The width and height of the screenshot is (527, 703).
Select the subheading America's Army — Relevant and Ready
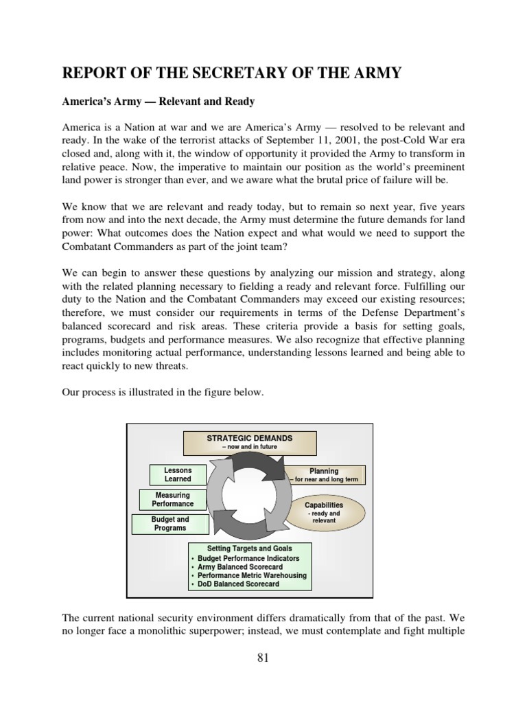coord(159,102)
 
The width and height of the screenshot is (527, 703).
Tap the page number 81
coord(263,658)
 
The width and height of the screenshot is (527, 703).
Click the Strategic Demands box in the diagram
coord(250,442)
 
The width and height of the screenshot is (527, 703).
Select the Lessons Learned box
coord(177,474)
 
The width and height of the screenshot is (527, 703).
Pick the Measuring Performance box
coord(172,499)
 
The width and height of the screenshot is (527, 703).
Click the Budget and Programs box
coord(169,524)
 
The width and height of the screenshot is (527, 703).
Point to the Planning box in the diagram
coord(324,475)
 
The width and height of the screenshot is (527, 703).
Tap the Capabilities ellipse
coord(324,512)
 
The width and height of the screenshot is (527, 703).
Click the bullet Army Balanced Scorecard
coord(240,567)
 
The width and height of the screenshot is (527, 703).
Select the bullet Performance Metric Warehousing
coord(252,575)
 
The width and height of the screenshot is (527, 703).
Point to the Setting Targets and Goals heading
coord(250,549)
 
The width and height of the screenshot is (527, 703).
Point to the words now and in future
coord(250,447)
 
